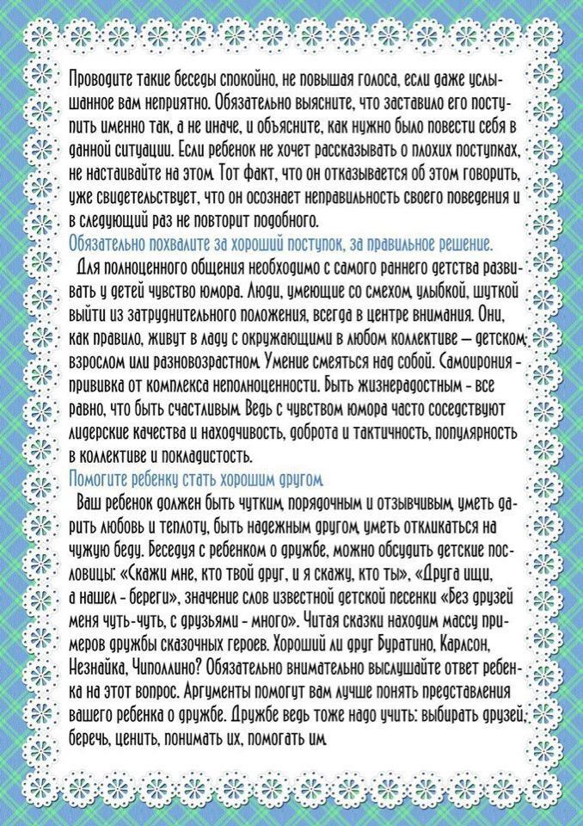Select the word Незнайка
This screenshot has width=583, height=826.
97,667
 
